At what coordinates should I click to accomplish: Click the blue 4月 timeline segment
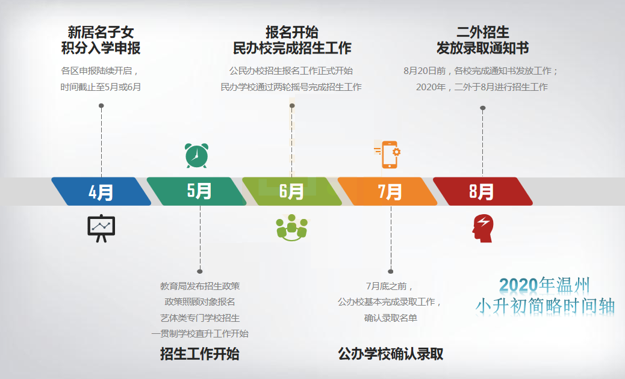click(x=101, y=191)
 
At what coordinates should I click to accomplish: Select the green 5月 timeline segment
click(x=196, y=191)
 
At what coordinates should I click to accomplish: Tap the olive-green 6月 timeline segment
click(x=292, y=191)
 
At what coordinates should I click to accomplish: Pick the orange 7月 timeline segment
click(x=387, y=191)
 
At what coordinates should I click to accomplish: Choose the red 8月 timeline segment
click(x=483, y=191)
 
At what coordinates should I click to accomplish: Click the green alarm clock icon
click(x=196, y=155)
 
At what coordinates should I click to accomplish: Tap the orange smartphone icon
click(x=387, y=154)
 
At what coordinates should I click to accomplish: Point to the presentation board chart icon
click(x=101, y=228)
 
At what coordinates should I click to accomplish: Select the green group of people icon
click(x=292, y=228)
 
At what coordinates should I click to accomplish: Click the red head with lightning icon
click(x=483, y=228)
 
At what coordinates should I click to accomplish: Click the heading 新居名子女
click(x=101, y=32)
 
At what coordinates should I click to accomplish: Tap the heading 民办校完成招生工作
click(x=292, y=48)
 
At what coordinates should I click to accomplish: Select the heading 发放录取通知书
click(x=483, y=48)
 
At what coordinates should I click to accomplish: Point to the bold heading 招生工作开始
click(x=200, y=354)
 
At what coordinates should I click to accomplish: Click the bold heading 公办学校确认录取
click(x=391, y=354)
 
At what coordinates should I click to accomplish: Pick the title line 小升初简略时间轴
click(x=545, y=306)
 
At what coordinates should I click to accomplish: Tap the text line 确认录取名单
click(x=391, y=318)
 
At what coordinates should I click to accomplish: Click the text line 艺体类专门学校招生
click(x=200, y=318)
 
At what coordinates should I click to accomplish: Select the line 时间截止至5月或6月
click(x=101, y=87)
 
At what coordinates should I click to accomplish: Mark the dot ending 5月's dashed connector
click(x=200, y=271)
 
